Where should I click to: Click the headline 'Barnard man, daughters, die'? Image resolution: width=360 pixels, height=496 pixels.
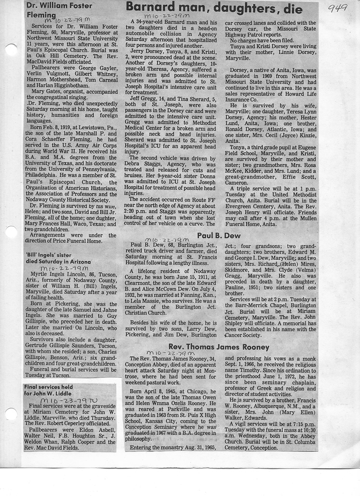coord(214,8)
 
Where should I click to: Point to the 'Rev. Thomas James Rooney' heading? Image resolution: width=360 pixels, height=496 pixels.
coord(219,347)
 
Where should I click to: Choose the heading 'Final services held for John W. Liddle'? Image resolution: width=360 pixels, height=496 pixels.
coord(49,390)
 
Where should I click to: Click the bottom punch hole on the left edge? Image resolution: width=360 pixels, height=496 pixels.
coord(9,414)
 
